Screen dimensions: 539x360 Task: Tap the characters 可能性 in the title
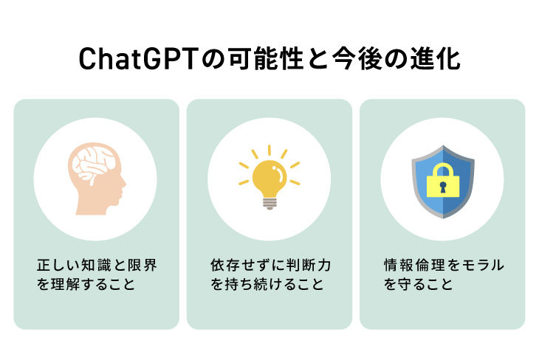tap(266, 59)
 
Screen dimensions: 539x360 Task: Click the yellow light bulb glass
tap(269, 179)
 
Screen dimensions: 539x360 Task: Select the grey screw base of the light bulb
tap(269, 204)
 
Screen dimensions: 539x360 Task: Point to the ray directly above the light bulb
tap(269, 150)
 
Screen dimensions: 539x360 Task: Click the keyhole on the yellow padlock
tap(443, 187)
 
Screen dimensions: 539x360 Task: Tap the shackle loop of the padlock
tap(443, 170)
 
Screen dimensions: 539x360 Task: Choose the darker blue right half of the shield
tap(459, 182)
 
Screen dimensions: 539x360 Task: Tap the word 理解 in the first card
tap(65, 284)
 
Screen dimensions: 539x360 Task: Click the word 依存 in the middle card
tap(225, 265)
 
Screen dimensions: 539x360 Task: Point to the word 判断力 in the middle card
tap(309, 265)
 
